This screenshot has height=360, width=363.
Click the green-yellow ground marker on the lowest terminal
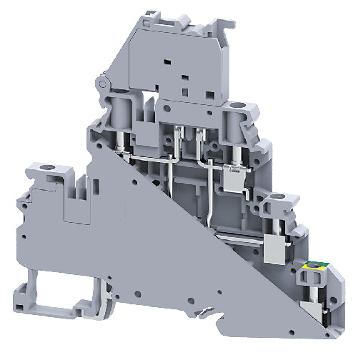(313, 267)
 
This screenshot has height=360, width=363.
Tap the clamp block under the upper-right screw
(234, 176)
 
